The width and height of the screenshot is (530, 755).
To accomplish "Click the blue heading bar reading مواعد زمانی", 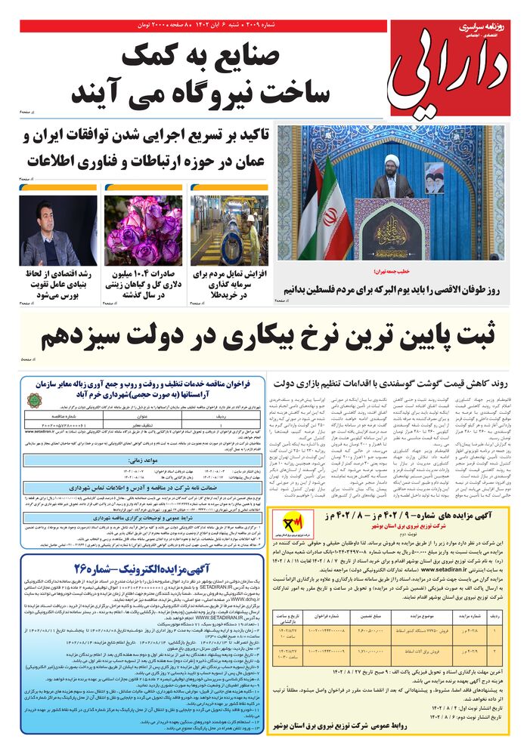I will click(x=132, y=437).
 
